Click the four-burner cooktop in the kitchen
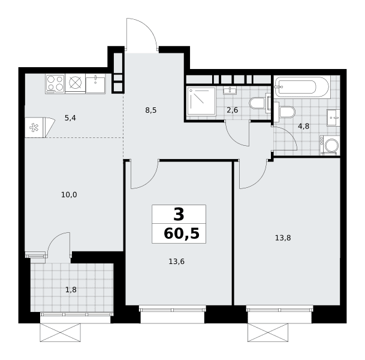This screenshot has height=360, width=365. click(55, 83)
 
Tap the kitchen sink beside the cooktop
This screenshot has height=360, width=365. click(95, 83)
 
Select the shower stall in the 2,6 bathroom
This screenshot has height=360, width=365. click(201, 101)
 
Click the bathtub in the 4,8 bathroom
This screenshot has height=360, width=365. click(302, 87)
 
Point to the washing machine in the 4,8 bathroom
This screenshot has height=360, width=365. click(330, 145)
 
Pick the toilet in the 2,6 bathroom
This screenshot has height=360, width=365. click(259, 103)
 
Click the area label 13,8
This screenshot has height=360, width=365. click(283, 238)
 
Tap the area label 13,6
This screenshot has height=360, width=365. click(176, 262)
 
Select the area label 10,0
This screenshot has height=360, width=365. click(69, 194)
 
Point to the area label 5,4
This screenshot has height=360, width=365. click(70, 118)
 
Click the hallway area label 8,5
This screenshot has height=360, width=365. click(151, 110)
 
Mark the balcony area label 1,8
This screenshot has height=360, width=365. click(71, 290)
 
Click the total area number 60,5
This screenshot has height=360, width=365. click(182, 234)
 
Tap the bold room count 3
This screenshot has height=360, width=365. click(179, 215)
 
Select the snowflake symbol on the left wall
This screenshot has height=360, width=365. click(34, 127)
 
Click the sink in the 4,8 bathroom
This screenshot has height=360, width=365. click(333, 118)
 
